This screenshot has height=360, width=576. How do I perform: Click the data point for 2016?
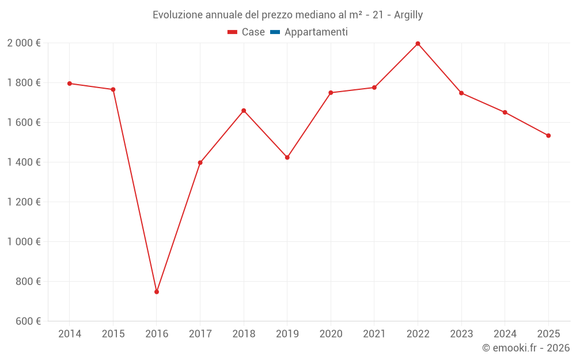click(157, 292)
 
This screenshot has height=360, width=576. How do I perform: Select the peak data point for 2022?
click(418, 44)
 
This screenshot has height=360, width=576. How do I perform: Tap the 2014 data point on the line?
click(70, 84)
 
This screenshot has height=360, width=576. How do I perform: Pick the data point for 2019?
click(287, 157)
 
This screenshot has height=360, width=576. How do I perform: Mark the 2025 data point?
click(548, 136)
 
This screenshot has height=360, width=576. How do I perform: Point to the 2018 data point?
click(244, 111)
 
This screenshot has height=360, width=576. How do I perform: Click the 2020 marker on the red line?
click(331, 93)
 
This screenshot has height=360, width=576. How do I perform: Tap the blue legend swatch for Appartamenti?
click(275, 32)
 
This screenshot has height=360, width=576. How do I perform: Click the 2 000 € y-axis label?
click(24, 43)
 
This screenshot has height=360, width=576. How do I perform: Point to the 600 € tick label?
click(28, 321)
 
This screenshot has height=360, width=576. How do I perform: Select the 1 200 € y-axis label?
click(24, 202)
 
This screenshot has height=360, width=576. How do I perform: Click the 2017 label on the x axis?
click(200, 334)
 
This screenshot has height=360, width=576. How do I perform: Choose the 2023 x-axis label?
click(461, 334)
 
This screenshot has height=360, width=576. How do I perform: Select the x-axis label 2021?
click(374, 334)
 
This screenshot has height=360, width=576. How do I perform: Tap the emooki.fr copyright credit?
click(526, 348)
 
